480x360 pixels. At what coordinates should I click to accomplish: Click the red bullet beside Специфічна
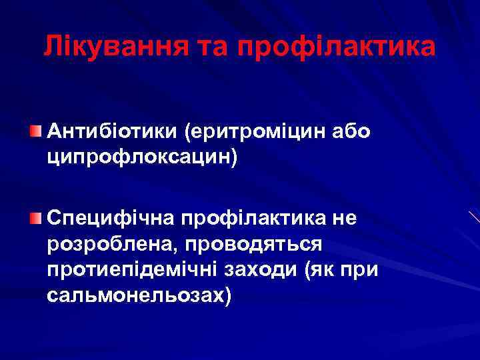tap(35, 218)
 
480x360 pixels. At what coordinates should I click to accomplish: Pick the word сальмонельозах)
tap(141, 296)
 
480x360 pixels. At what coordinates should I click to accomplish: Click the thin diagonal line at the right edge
tap(474, 217)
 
